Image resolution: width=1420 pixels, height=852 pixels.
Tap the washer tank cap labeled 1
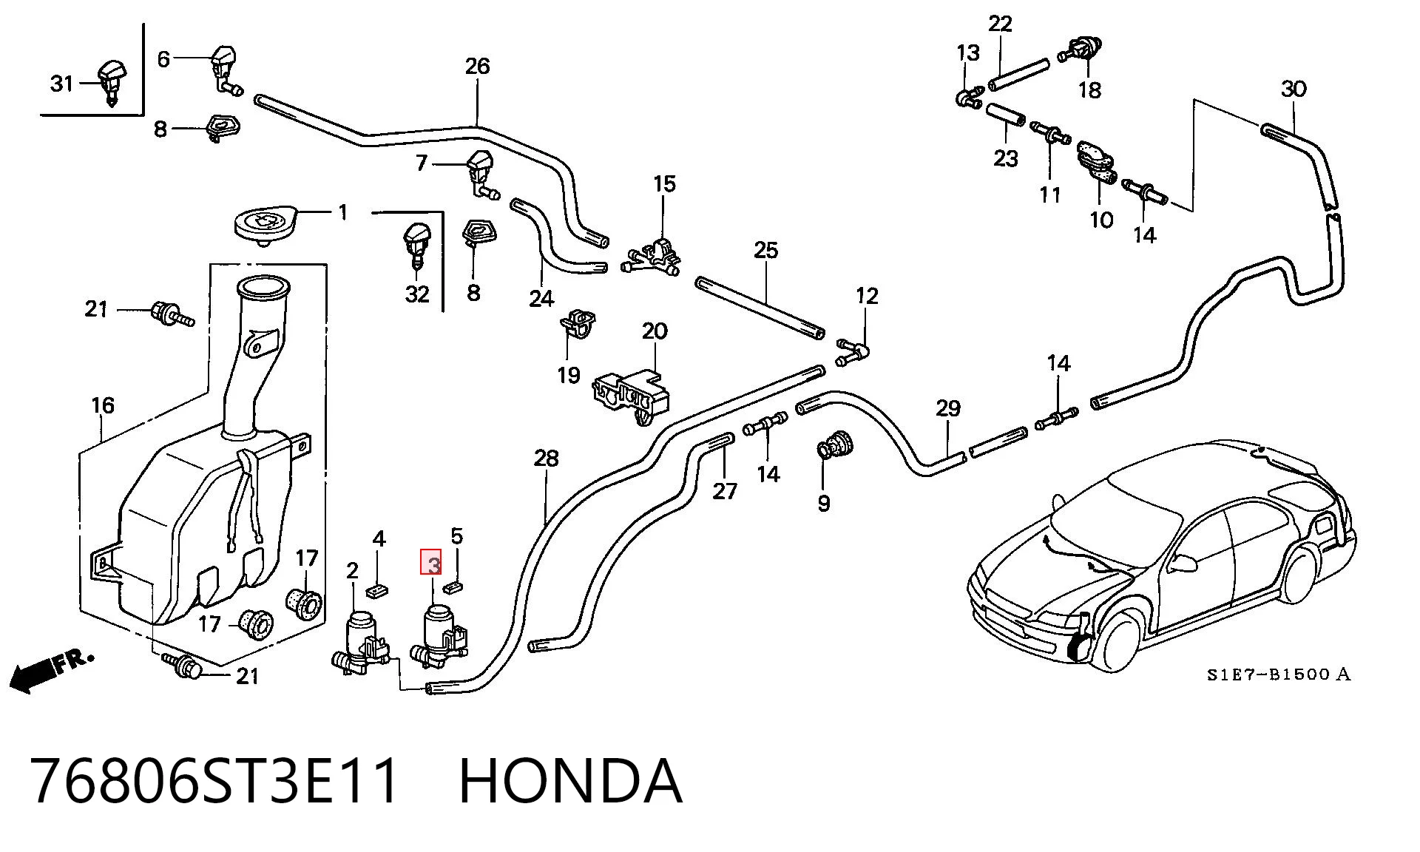click(x=267, y=222)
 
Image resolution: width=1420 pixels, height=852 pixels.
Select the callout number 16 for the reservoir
click(x=103, y=405)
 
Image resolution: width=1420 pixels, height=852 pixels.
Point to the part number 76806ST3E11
click(x=215, y=781)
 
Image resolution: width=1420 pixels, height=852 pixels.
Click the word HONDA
click(x=570, y=781)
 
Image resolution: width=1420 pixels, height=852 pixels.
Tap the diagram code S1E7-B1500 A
click(x=1279, y=674)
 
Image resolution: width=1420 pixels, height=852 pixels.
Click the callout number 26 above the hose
click(x=477, y=66)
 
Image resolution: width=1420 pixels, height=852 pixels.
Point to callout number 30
click(x=1294, y=89)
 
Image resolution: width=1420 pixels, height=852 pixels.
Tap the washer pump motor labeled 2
click(x=362, y=643)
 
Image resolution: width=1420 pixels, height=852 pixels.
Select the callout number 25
click(x=765, y=250)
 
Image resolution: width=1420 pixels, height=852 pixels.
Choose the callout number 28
click(x=546, y=459)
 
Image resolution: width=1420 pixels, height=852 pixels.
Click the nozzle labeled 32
click(x=416, y=247)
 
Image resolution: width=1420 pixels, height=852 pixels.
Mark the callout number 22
click(x=1000, y=24)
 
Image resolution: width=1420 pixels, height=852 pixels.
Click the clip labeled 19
click(x=578, y=325)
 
